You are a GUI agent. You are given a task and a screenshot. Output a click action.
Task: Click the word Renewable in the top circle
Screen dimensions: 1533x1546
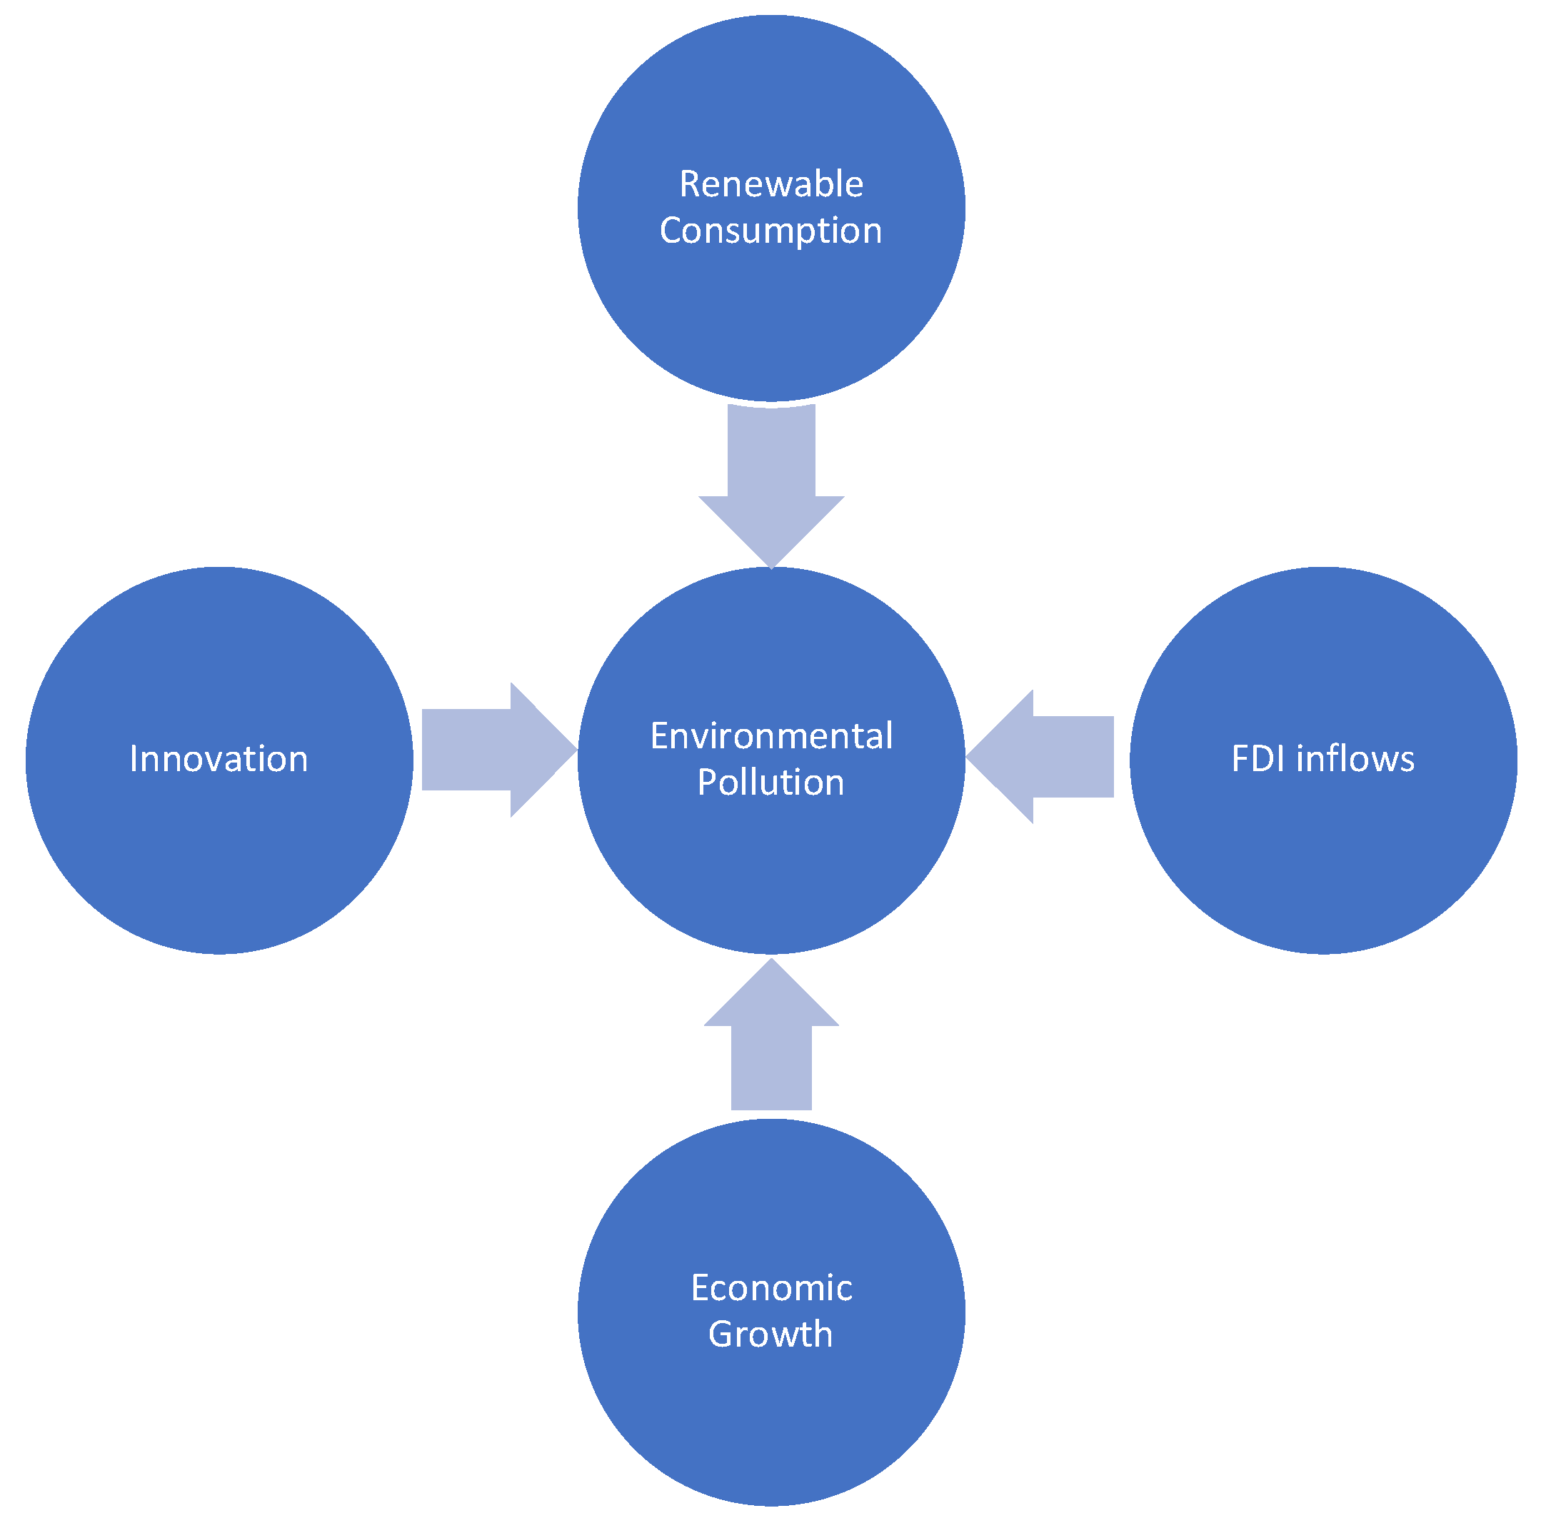[x=771, y=184]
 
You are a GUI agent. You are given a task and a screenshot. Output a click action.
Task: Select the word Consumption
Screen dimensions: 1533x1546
[x=771, y=231]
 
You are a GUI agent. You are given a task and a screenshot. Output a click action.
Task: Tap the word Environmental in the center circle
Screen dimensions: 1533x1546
[x=771, y=736]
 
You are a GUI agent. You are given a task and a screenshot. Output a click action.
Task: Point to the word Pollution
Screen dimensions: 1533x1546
[x=771, y=783]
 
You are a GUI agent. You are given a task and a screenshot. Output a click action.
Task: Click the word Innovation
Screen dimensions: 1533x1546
[x=219, y=759]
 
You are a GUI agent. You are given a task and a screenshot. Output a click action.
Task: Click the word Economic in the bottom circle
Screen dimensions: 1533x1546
[x=771, y=1287]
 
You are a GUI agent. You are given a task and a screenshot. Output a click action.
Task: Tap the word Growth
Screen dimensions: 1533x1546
[x=770, y=1335]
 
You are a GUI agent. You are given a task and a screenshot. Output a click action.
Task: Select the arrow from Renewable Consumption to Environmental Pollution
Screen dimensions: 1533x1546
[x=771, y=480]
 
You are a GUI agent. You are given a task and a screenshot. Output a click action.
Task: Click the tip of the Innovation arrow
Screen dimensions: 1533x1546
[x=575, y=750]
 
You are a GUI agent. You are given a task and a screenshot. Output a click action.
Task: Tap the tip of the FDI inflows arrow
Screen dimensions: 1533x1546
[x=969, y=756]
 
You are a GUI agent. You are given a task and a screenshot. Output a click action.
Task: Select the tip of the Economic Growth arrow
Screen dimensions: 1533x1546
[x=771, y=962]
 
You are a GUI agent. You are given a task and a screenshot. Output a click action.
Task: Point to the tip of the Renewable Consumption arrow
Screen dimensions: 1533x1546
[x=771, y=566]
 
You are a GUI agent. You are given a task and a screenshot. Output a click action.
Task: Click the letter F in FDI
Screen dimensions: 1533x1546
[x=1240, y=759]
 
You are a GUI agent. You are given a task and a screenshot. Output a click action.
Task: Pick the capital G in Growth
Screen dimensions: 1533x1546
[x=722, y=1335]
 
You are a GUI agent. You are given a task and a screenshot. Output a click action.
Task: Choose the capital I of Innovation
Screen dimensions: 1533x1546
[x=134, y=759]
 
